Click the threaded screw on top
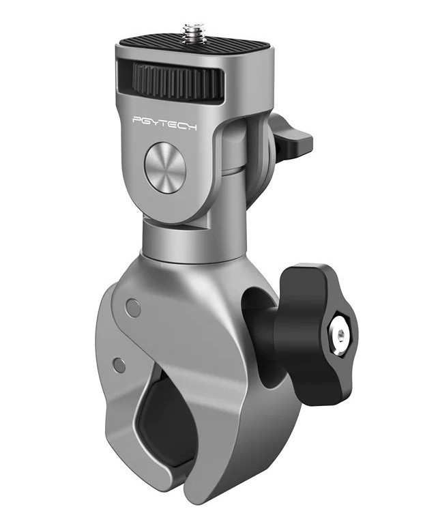[194, 33]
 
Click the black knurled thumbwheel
[179, 81]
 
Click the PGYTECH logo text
[164, 122]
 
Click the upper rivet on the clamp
[133, 308]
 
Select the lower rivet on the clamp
[119, 365]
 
